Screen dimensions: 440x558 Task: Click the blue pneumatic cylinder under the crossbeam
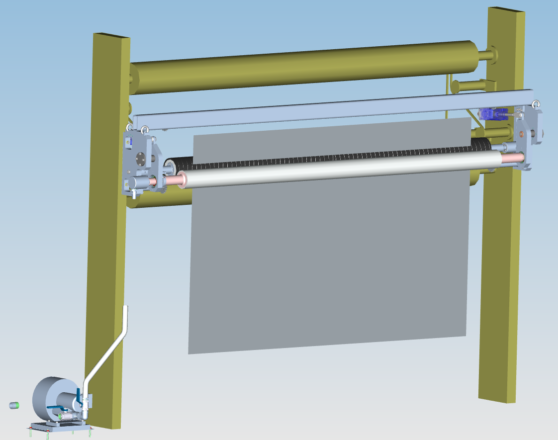click(492, 114)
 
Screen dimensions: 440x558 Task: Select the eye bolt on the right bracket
click(536, 104)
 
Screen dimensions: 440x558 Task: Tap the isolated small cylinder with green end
click(14, 405)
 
